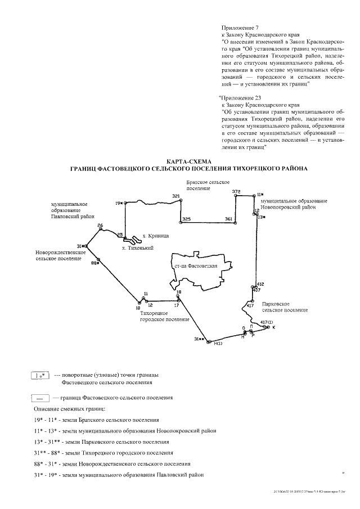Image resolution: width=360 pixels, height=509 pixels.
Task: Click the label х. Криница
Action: point(156,237)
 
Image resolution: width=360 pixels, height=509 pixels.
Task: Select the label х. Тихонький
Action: point(138,247)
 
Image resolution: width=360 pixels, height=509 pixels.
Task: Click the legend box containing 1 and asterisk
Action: point(40,375)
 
